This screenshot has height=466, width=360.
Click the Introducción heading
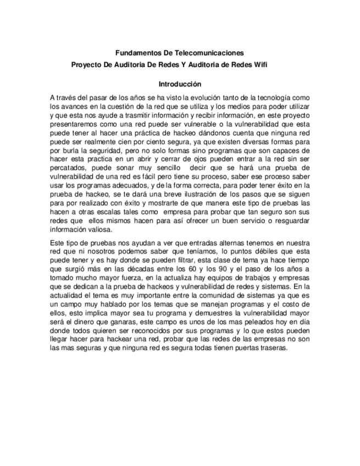click(x=180, y=85)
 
